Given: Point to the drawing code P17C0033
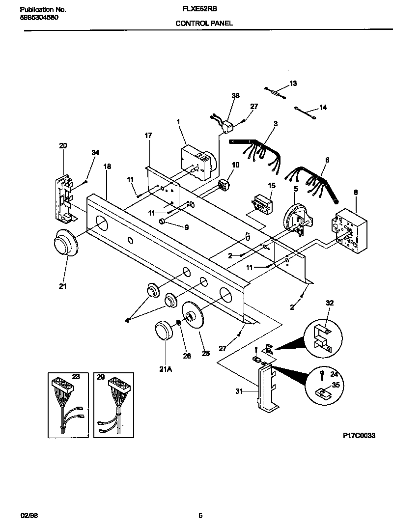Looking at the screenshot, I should coord(359,435).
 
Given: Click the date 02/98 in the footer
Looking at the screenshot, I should coord(28,515).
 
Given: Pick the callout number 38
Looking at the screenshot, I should coord(235,96).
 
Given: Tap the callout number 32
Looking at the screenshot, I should coord(329,303).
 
